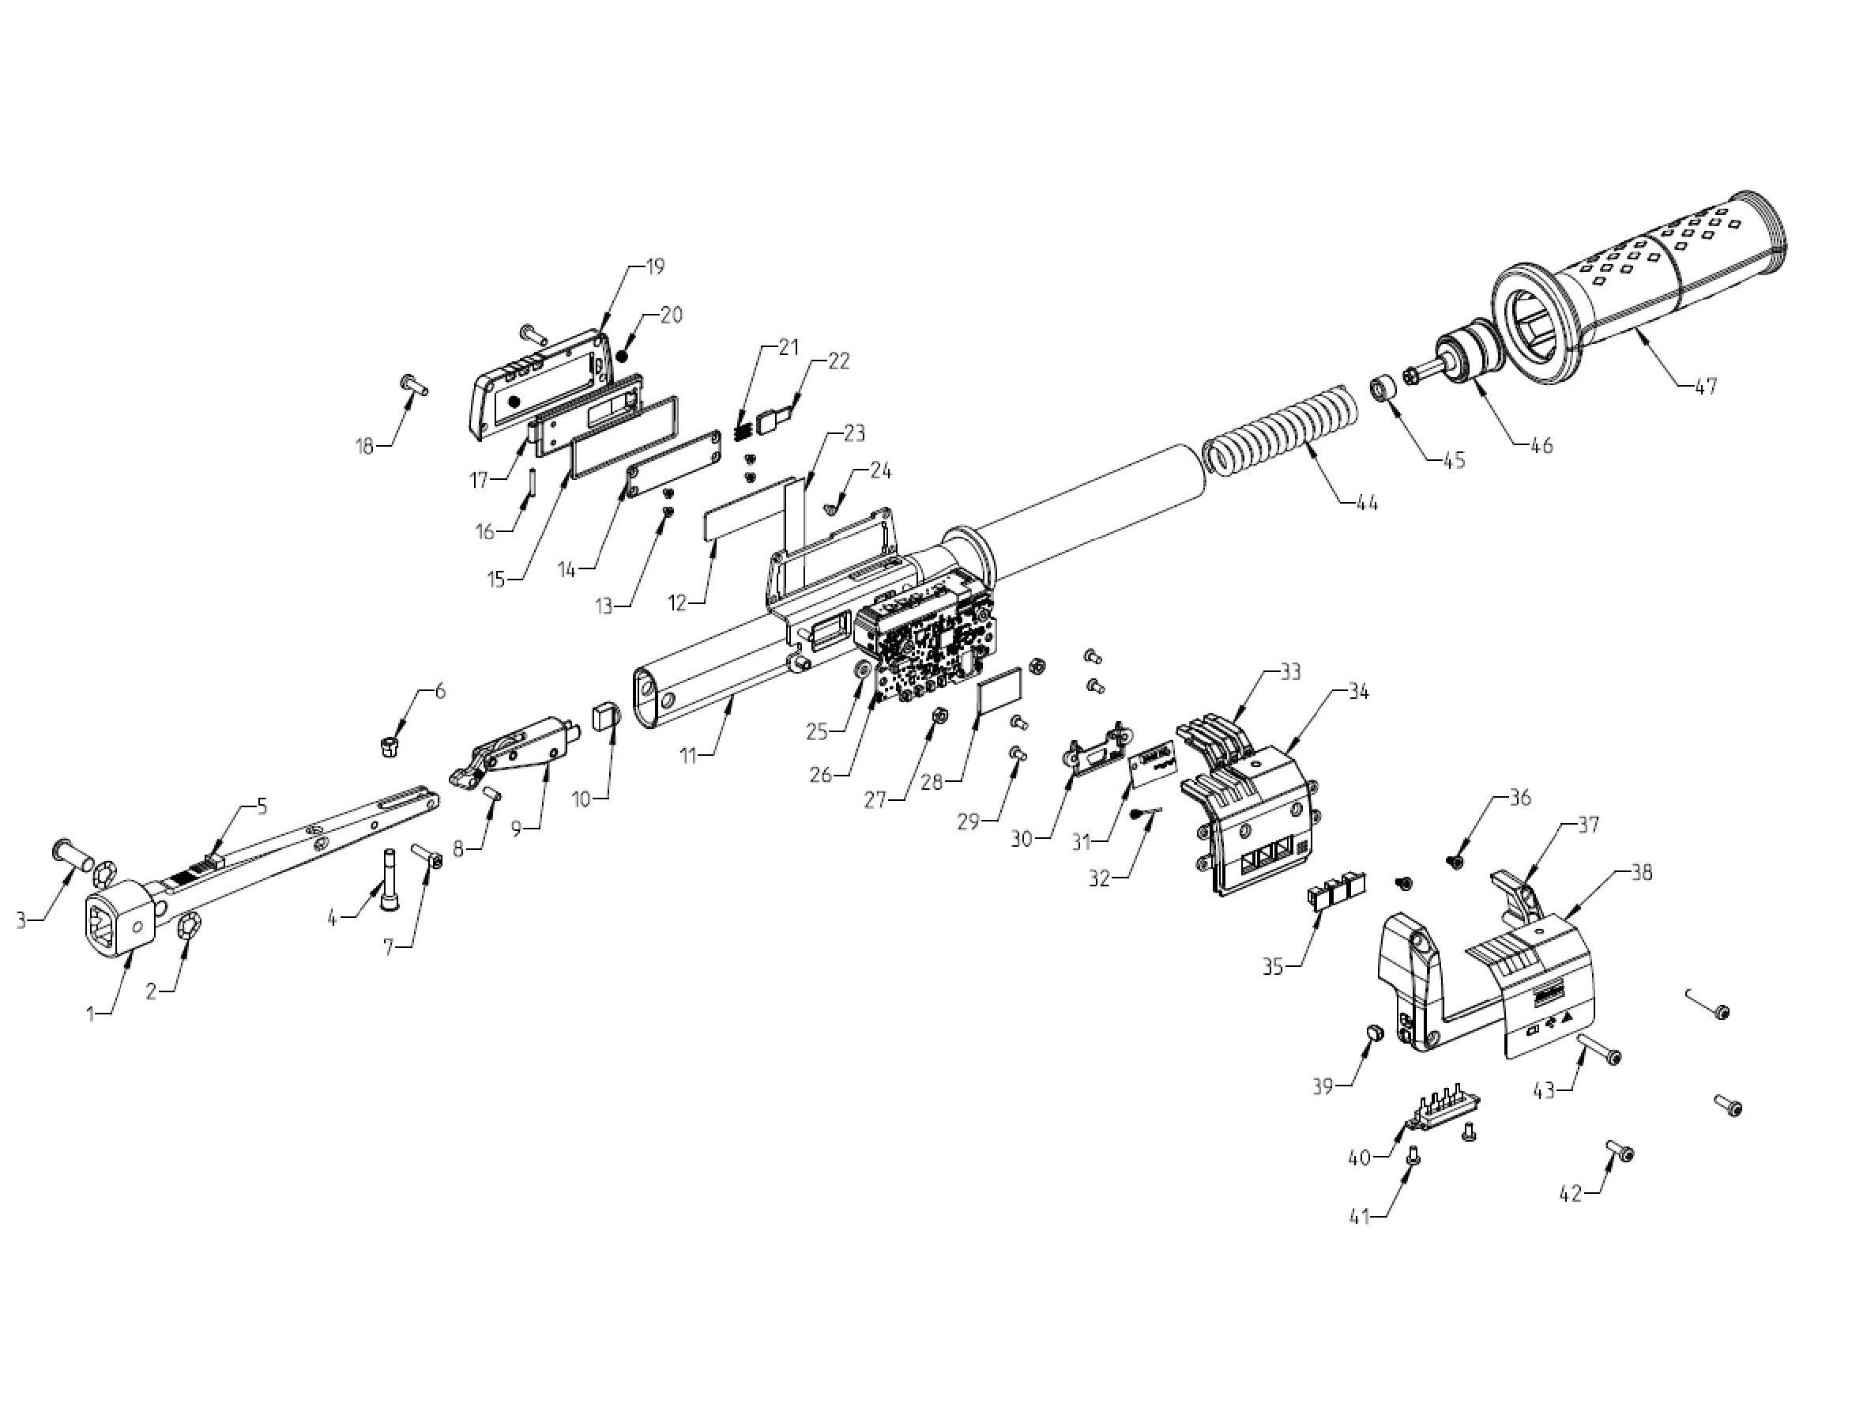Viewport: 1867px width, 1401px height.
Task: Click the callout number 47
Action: click(1705, 387)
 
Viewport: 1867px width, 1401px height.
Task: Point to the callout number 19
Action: click(654, 267)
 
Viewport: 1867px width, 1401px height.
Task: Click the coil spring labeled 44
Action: click(1283, 431)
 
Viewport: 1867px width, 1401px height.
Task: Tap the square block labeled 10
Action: click(606, 719)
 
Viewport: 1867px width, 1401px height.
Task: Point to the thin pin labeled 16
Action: click(534, 484)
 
